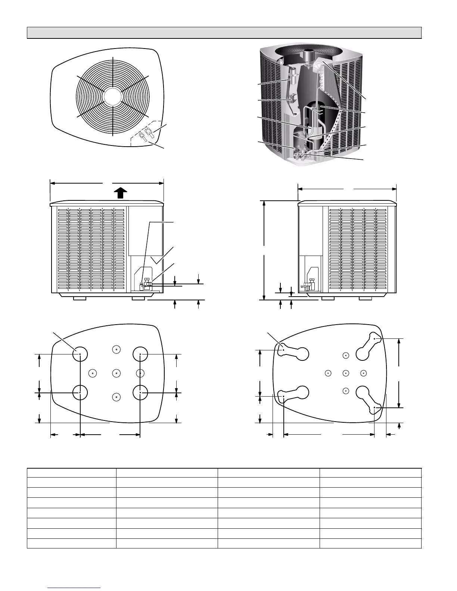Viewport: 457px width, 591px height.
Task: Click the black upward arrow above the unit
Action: click(119, 193)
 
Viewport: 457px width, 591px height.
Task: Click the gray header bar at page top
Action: click(224, 33)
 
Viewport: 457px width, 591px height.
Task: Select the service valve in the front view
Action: click(146, 285)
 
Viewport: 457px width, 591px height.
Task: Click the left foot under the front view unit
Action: click(80, 298)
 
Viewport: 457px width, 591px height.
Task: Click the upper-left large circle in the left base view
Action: click(80, 354)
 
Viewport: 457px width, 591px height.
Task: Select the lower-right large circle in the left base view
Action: click(140, 393)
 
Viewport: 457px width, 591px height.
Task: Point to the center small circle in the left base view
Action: click(116, 373)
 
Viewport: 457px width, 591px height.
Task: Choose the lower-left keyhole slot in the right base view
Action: click(293, 394)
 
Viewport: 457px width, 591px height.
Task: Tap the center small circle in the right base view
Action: click(346, 373)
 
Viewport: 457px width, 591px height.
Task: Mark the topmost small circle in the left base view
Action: click(116, 349)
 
